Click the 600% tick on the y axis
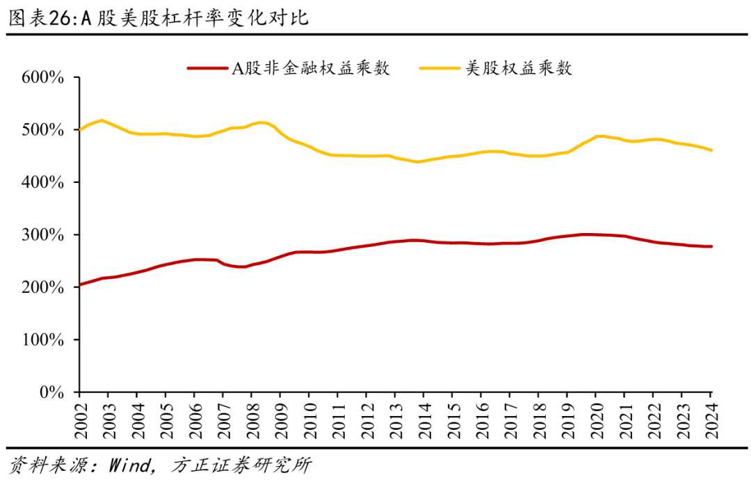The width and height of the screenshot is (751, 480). click(45, 78)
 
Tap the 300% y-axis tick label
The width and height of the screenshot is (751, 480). click(45, 235)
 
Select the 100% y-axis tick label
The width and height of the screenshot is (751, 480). click(45, 340)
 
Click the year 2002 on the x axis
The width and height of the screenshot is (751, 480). click(80, 416)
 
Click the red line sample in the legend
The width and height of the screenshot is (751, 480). click(208, 68)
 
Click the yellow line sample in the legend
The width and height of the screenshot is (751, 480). click(440, 68)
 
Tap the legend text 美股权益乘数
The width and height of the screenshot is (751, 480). click(519, 68)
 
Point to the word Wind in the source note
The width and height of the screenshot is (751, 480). click(130, 465)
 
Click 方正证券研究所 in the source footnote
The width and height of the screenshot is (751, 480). click(240, 465)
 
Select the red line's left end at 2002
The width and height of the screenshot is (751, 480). click(80, 285)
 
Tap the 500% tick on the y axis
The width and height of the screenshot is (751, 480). click(45, 130)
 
